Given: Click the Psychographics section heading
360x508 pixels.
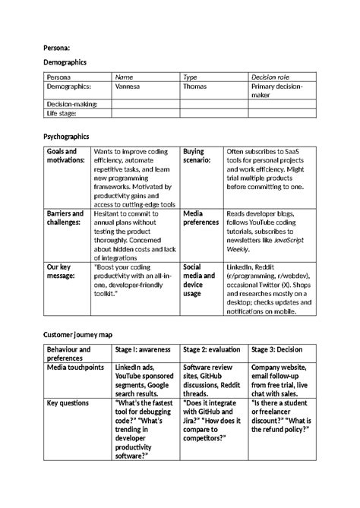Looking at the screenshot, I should [x=66, y=137].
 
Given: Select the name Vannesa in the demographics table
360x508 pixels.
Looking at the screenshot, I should [x=127, y=87].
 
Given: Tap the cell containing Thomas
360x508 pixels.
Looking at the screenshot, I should [x=195, y=87].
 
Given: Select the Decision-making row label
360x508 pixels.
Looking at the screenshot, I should [x=72, y=104].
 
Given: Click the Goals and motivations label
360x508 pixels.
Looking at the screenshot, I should [x=65, y=156].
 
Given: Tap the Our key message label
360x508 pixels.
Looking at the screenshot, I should [x=60, y=272].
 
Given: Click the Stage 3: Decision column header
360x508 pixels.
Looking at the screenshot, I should [x=279, y=349].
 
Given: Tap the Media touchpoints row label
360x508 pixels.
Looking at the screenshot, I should [x=75, y=367].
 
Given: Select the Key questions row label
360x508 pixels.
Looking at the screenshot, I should [x=68, y=402].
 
